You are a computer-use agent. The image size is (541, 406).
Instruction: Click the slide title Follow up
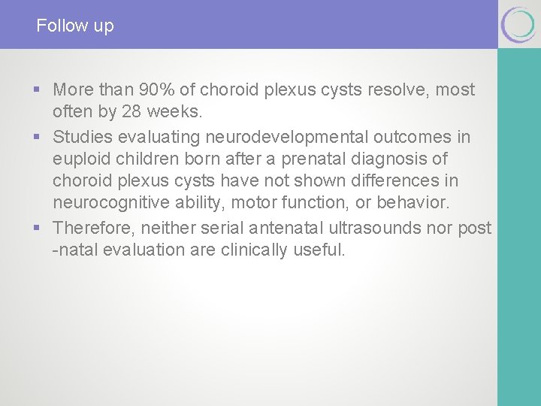tap(75, 26)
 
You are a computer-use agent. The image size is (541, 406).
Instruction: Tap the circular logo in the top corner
tap(518, 25)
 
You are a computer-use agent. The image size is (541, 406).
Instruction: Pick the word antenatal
tap(286, 227)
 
